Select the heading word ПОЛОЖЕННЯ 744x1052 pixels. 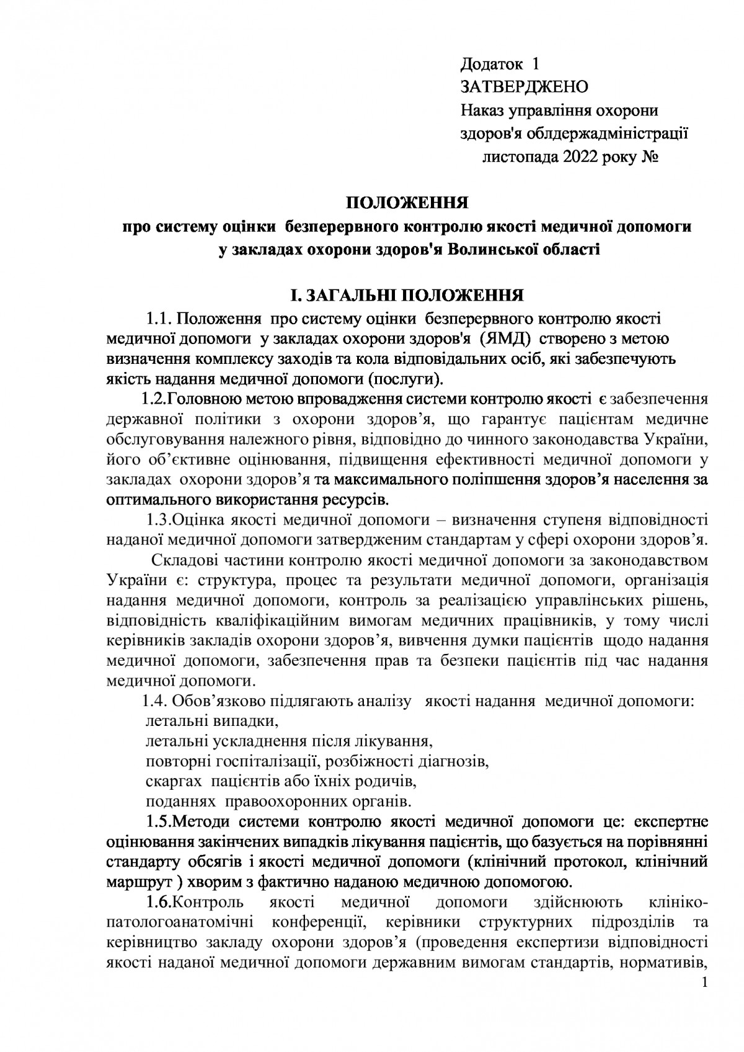coord(406,203)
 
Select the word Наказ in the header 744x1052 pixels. coord(482,110)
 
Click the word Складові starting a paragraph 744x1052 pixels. coord(180,562)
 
